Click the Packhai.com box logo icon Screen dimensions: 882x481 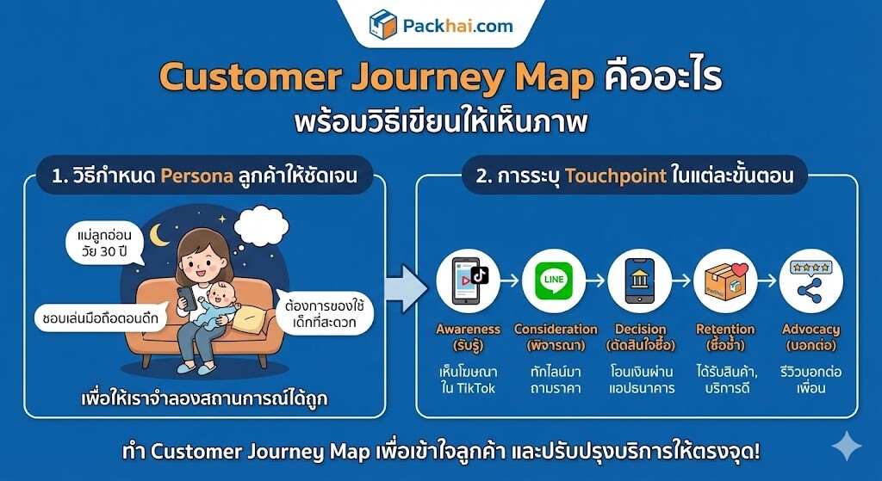point(383,24)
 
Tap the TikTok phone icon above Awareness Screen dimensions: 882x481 point(468,281)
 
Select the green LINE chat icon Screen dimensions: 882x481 point(554,281)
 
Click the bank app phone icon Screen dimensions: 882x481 point(640,281)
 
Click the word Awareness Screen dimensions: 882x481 point(468,330)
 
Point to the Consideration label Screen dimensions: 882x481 point(556,330)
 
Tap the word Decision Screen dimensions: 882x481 point(640,330)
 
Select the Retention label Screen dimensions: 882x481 point(725,330)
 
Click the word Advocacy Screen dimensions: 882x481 point(811,330)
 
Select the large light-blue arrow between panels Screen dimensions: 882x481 point(407,289)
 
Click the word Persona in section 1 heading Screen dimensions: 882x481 point(197,176)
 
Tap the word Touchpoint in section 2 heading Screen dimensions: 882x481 point(616,176)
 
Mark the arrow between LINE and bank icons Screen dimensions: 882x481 point(596,280)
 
